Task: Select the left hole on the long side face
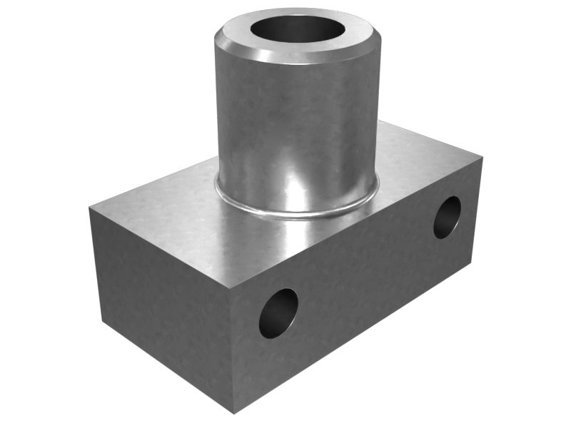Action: click(278, 313)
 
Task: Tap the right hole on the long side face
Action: click(448, 217)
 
